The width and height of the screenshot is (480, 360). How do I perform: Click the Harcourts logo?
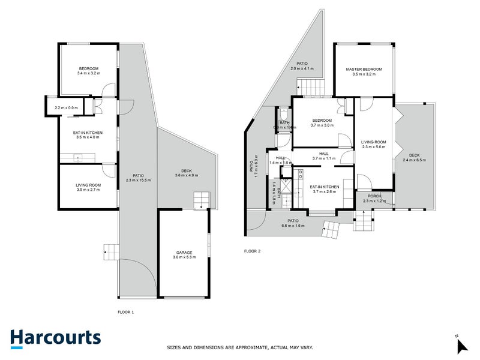coord(55,338)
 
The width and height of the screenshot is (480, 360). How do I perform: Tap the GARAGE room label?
coord(184,253)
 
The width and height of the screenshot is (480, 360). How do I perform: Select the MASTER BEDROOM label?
coord(364,69)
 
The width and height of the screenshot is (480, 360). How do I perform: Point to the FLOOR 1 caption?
coord(125,312)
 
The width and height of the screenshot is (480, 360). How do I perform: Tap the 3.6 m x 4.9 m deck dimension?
coord(185,175)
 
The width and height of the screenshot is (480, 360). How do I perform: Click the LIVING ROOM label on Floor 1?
coord(88,185)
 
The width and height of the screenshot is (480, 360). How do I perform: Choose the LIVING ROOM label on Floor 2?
coord(373,142)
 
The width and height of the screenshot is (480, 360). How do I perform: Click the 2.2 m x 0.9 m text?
coord(65,108)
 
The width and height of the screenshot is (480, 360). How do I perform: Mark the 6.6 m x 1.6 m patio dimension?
coord(293,226)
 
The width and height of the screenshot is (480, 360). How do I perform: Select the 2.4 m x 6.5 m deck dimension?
coord(413,160)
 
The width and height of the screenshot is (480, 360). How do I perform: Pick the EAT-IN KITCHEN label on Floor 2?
coord(325,187)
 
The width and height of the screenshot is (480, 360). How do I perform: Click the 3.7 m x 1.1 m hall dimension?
coord(323,158)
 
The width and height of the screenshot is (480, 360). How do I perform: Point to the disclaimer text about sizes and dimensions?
coord(239,347)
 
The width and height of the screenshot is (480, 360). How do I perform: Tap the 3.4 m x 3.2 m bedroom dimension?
coord(88,74)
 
